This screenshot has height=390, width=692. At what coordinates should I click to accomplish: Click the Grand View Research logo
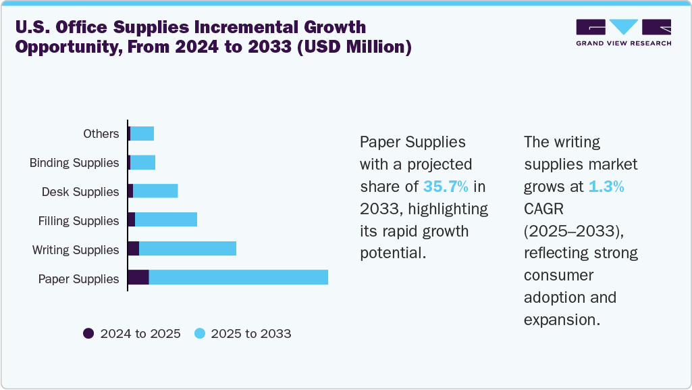623,32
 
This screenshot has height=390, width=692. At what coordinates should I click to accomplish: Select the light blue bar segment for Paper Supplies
238,277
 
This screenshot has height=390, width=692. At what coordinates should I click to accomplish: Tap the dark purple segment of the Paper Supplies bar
138,277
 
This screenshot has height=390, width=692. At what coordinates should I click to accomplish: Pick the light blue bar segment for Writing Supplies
188,248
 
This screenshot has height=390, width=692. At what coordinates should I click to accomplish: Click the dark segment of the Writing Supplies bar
134,248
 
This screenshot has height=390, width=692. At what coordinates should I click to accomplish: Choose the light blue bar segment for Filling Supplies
166,219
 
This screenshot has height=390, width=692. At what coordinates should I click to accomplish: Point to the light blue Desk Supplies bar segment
155,191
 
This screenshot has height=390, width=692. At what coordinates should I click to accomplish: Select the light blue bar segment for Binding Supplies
142,162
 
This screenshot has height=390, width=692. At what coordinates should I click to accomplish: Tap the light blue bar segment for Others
142,134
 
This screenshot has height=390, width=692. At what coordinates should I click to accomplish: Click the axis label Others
101,134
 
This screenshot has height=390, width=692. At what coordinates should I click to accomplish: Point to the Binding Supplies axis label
74,163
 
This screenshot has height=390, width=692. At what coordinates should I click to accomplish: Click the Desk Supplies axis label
80,192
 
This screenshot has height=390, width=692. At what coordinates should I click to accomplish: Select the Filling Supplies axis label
79,221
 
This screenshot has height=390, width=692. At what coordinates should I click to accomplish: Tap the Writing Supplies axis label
76,250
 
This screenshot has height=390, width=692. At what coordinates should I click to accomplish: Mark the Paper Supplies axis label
79,279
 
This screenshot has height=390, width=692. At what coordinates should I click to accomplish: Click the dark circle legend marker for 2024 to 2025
88,333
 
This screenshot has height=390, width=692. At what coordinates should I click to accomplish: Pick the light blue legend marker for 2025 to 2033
199,333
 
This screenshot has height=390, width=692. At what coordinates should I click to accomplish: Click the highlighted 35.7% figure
446,187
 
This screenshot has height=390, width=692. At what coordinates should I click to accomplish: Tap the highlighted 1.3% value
606,187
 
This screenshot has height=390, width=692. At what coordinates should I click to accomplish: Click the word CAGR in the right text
545,209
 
